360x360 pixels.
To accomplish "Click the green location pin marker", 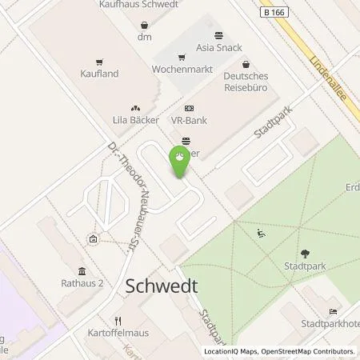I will point(181,162).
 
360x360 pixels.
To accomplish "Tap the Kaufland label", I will point(99,73).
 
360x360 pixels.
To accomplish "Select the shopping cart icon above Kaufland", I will point(99,61).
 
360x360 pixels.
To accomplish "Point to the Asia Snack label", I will point(218,47).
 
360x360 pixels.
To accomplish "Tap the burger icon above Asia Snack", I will point(218,35).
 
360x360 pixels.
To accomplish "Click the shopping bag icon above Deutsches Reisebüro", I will point(246,63).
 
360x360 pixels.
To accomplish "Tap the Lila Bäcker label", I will point(134,118).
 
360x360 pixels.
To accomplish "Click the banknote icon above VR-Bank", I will point(188,107).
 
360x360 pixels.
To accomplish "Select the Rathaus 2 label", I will point(82,282).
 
